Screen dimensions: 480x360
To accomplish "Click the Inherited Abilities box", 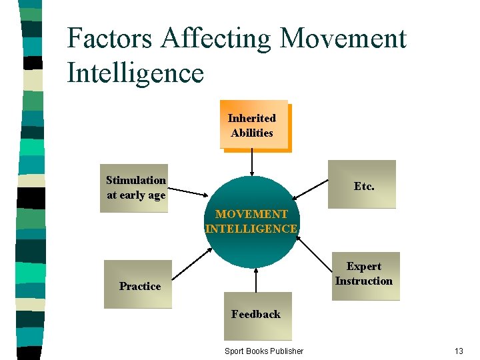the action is coord(253,125).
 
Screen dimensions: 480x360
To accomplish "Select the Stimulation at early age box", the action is coord(134,188).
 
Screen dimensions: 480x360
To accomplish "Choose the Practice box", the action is coord(138,285).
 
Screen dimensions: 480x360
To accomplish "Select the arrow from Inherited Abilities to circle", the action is coord(252,162).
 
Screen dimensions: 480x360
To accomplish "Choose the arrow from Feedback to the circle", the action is coord(255,280).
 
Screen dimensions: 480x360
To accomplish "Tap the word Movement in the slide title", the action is coord(343,39).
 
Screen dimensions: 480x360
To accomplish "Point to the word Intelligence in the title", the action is coord(135,73).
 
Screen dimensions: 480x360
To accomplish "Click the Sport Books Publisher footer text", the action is coord(264,351).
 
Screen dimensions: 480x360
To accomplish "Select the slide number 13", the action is coord(458,351).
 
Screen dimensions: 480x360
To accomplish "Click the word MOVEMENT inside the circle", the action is coord(251,214).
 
